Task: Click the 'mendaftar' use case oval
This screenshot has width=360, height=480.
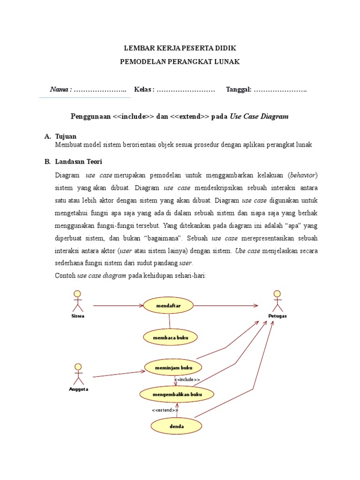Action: click(x=169, y=306)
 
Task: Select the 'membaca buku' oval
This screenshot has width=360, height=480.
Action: click(x=170, y=337)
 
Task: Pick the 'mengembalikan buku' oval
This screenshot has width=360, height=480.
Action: click(x=177, y=395)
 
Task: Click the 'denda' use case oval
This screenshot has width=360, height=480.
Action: click(x=177, y=427)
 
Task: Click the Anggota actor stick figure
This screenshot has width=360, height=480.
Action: click(x=78, y=374)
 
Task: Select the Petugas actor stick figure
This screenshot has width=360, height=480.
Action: click(x=277, y=301)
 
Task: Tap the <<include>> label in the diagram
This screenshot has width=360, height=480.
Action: click(x=187, y=380)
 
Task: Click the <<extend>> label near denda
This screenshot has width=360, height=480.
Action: click(x=165, y=410)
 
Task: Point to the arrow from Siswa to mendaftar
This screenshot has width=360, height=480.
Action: click(x=117, y=306)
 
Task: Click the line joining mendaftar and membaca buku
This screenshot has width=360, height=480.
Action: click(x=169, y=321)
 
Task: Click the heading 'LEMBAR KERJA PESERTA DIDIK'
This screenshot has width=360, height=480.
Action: click(x=180, y=48)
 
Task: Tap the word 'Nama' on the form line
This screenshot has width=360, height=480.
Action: click(x=60, y=90)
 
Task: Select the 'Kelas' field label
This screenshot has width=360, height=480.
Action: click(x=143, y=90)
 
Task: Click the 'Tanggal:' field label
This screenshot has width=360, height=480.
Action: click(x=239, y=90)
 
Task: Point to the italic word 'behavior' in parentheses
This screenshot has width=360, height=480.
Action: click(x=303, y=175)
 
